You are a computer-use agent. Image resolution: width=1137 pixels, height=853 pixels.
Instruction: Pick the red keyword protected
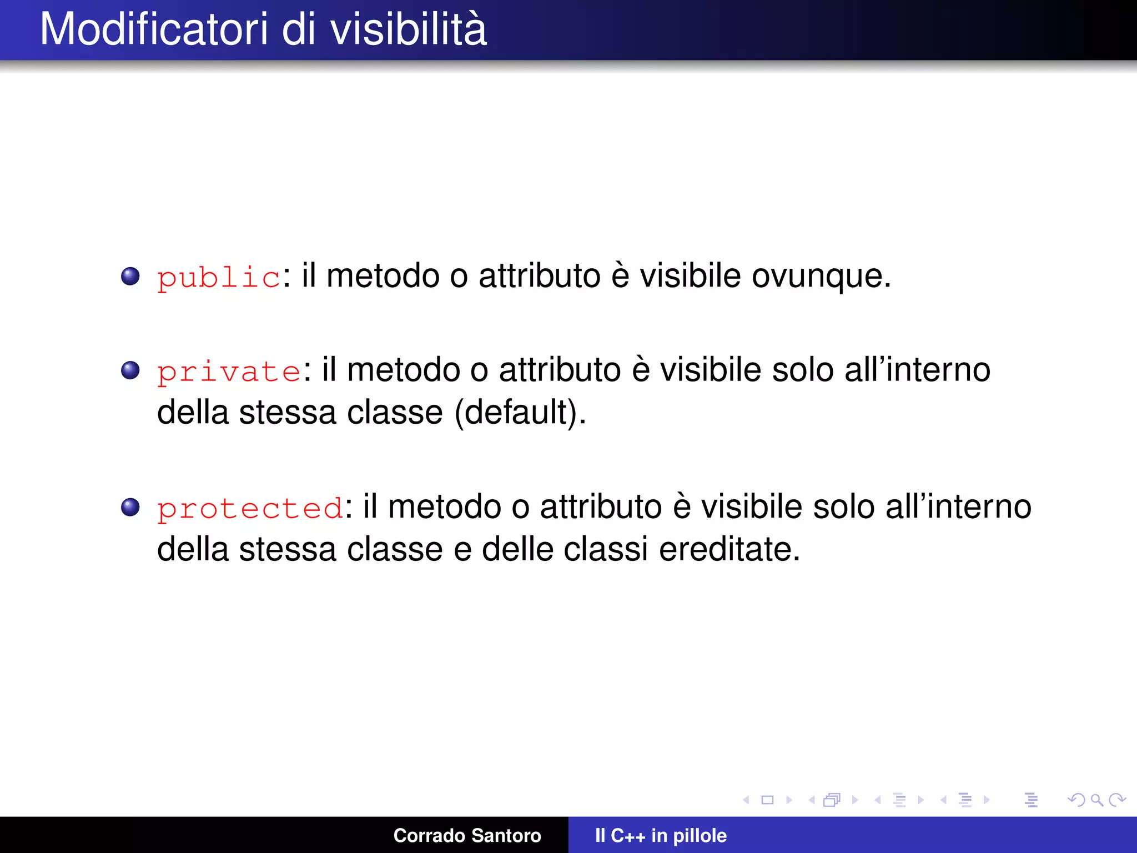pos(250,508)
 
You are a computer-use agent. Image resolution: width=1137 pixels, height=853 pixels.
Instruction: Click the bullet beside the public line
pos(130,276)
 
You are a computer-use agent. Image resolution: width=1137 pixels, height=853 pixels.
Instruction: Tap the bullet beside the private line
pos(130,370)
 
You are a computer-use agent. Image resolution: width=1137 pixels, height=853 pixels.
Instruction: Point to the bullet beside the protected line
pos(130,507)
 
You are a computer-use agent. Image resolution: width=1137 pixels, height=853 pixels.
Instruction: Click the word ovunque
pos(821,277)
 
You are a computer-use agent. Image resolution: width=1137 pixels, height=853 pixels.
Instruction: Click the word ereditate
pos(729,550)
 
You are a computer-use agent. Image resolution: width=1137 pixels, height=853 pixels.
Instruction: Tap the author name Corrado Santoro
pos(467,835)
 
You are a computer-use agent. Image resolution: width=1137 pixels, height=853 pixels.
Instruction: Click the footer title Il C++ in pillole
pos(661,835)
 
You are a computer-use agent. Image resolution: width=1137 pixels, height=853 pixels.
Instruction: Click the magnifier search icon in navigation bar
pos(1096,800)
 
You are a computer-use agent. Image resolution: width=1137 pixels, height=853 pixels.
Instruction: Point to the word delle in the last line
pos(517,550)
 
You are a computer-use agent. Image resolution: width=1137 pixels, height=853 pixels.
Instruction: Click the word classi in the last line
pos(606,550)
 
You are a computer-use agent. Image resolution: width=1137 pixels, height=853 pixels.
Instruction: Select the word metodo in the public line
pos(383,277)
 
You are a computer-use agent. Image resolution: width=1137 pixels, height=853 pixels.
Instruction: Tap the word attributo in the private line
pos(560,370)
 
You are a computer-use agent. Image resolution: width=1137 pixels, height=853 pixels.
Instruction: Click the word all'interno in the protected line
pos(958,507)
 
